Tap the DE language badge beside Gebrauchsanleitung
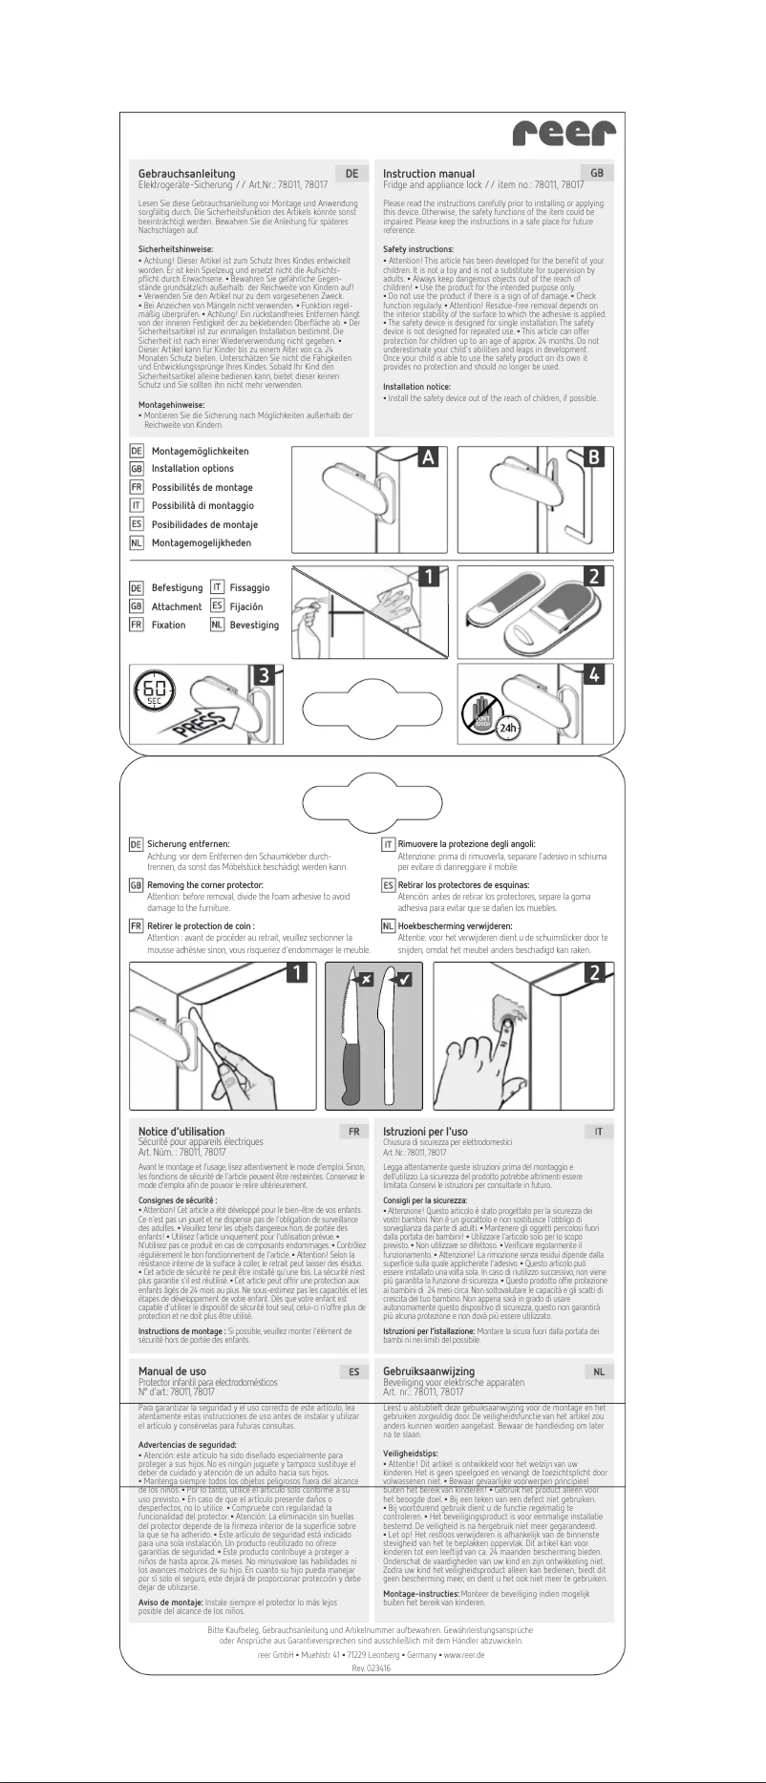coord(352,174)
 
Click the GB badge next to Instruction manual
coord(597,174)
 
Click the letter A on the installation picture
coord(429,457)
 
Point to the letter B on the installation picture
coord(594,457)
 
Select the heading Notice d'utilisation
coord(181,1132)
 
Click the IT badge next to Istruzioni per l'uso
coord(598,1132)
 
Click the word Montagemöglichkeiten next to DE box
coord(200,451)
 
